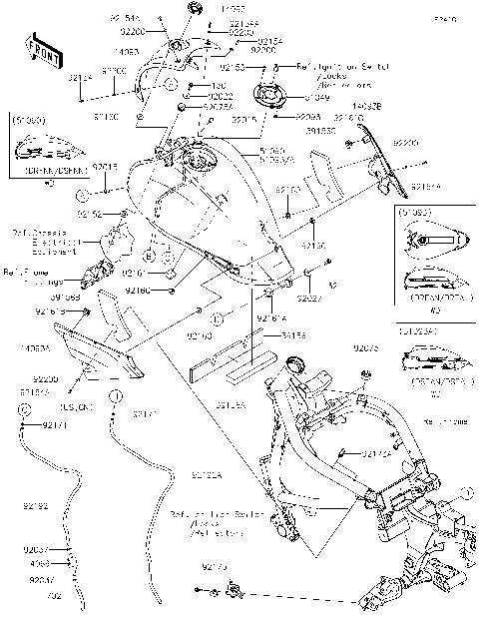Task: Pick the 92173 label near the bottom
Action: pos(214,567)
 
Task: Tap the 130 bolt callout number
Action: pos(218,86)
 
